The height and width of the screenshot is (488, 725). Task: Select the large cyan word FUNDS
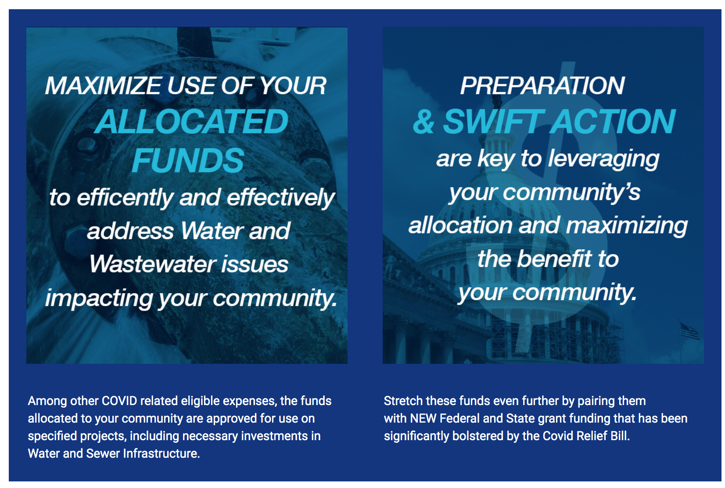click(x=188, y=160)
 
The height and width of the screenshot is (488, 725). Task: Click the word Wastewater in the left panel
click(x=152, y=264)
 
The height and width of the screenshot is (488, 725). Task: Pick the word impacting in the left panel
click(x=99, y=298)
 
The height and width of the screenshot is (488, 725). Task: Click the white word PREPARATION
click(x=542, y=86)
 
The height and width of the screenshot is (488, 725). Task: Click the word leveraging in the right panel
click(x=604, y=159)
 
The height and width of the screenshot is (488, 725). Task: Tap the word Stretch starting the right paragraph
click(x=403, y=401)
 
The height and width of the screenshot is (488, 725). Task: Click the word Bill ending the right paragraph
click(x=620, y=436)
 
